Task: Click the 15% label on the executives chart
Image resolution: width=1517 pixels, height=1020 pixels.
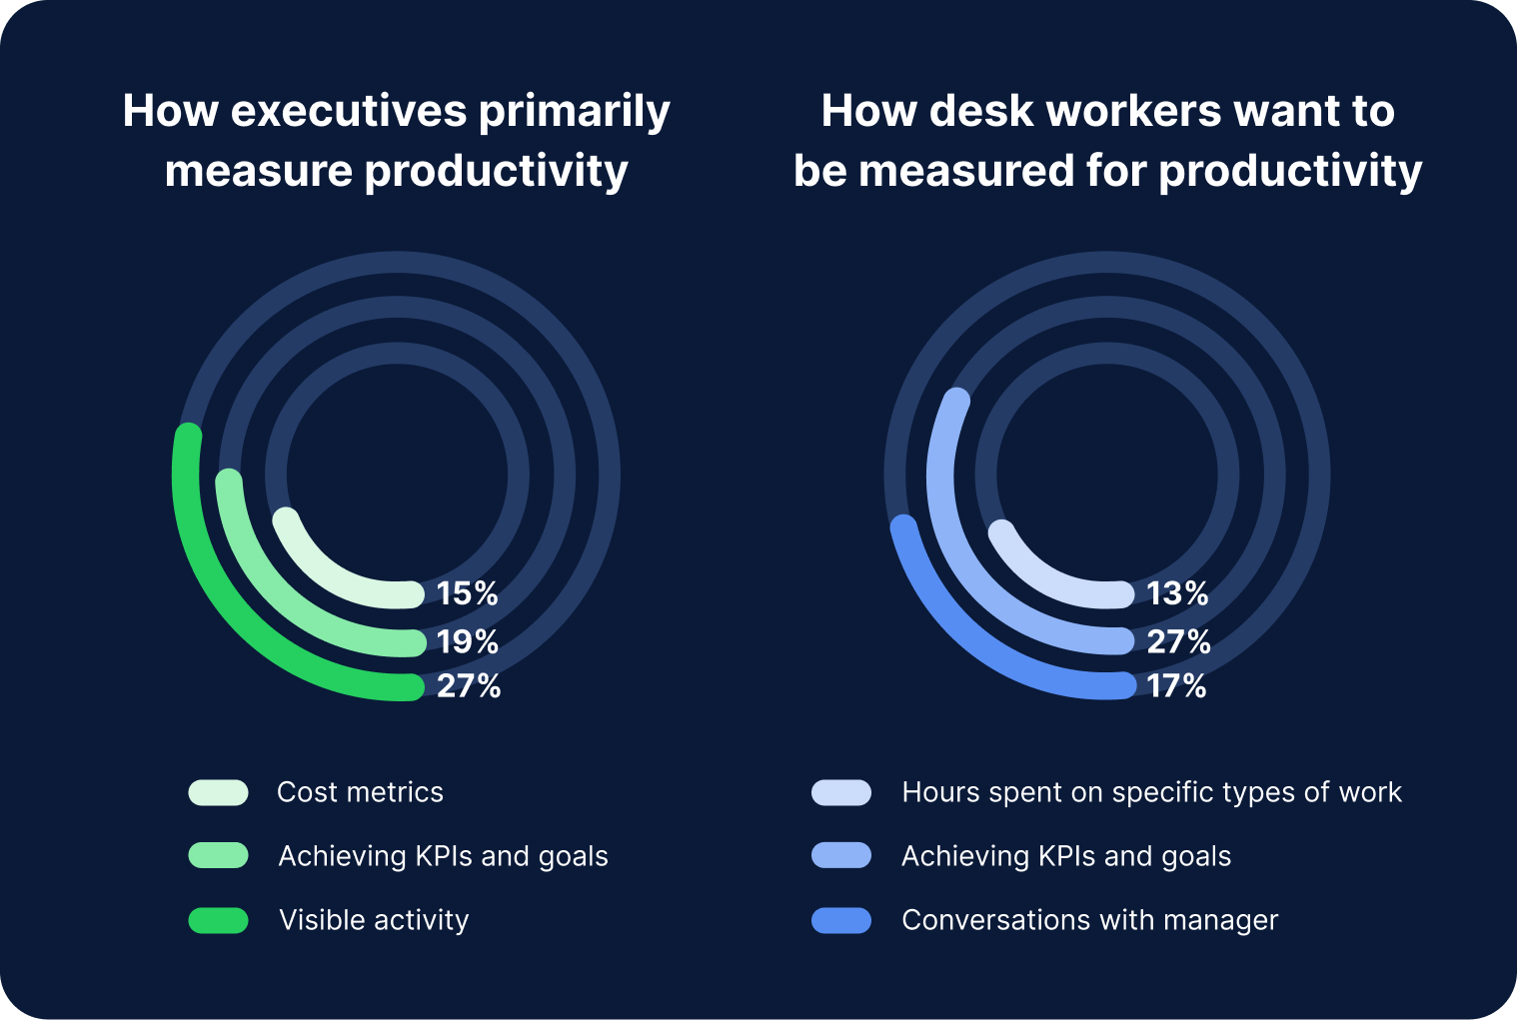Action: [467, 593]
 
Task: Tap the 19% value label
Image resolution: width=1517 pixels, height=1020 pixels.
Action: [467, 641]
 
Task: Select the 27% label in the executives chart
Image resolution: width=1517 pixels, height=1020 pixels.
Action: [468, 686]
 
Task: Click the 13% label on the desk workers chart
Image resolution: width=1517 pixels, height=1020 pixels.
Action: [1177, 593]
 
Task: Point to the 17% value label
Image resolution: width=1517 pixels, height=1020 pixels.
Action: [1176, 686]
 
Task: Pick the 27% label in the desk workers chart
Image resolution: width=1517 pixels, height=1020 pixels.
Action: [1178, 641]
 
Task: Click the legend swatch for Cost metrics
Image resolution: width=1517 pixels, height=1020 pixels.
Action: [218, 792]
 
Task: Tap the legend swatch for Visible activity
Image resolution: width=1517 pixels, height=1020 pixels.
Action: [218, 920]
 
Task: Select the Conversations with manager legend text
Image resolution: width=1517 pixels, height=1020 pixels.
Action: [1089, 920]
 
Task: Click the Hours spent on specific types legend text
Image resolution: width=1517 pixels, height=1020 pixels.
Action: [1151, 792]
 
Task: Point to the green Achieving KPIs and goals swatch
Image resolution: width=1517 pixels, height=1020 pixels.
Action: [218, 856]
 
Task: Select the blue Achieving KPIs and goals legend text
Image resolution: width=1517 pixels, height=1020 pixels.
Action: [1065, 856]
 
